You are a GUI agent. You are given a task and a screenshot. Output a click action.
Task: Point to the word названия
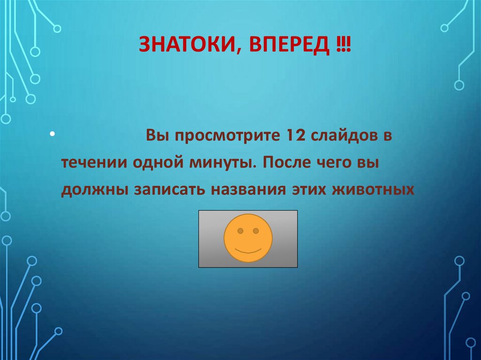pos(249,191)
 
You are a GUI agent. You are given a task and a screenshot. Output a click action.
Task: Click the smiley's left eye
pos(240,231)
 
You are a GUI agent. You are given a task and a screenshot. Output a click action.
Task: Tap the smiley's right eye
pos(256,231)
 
